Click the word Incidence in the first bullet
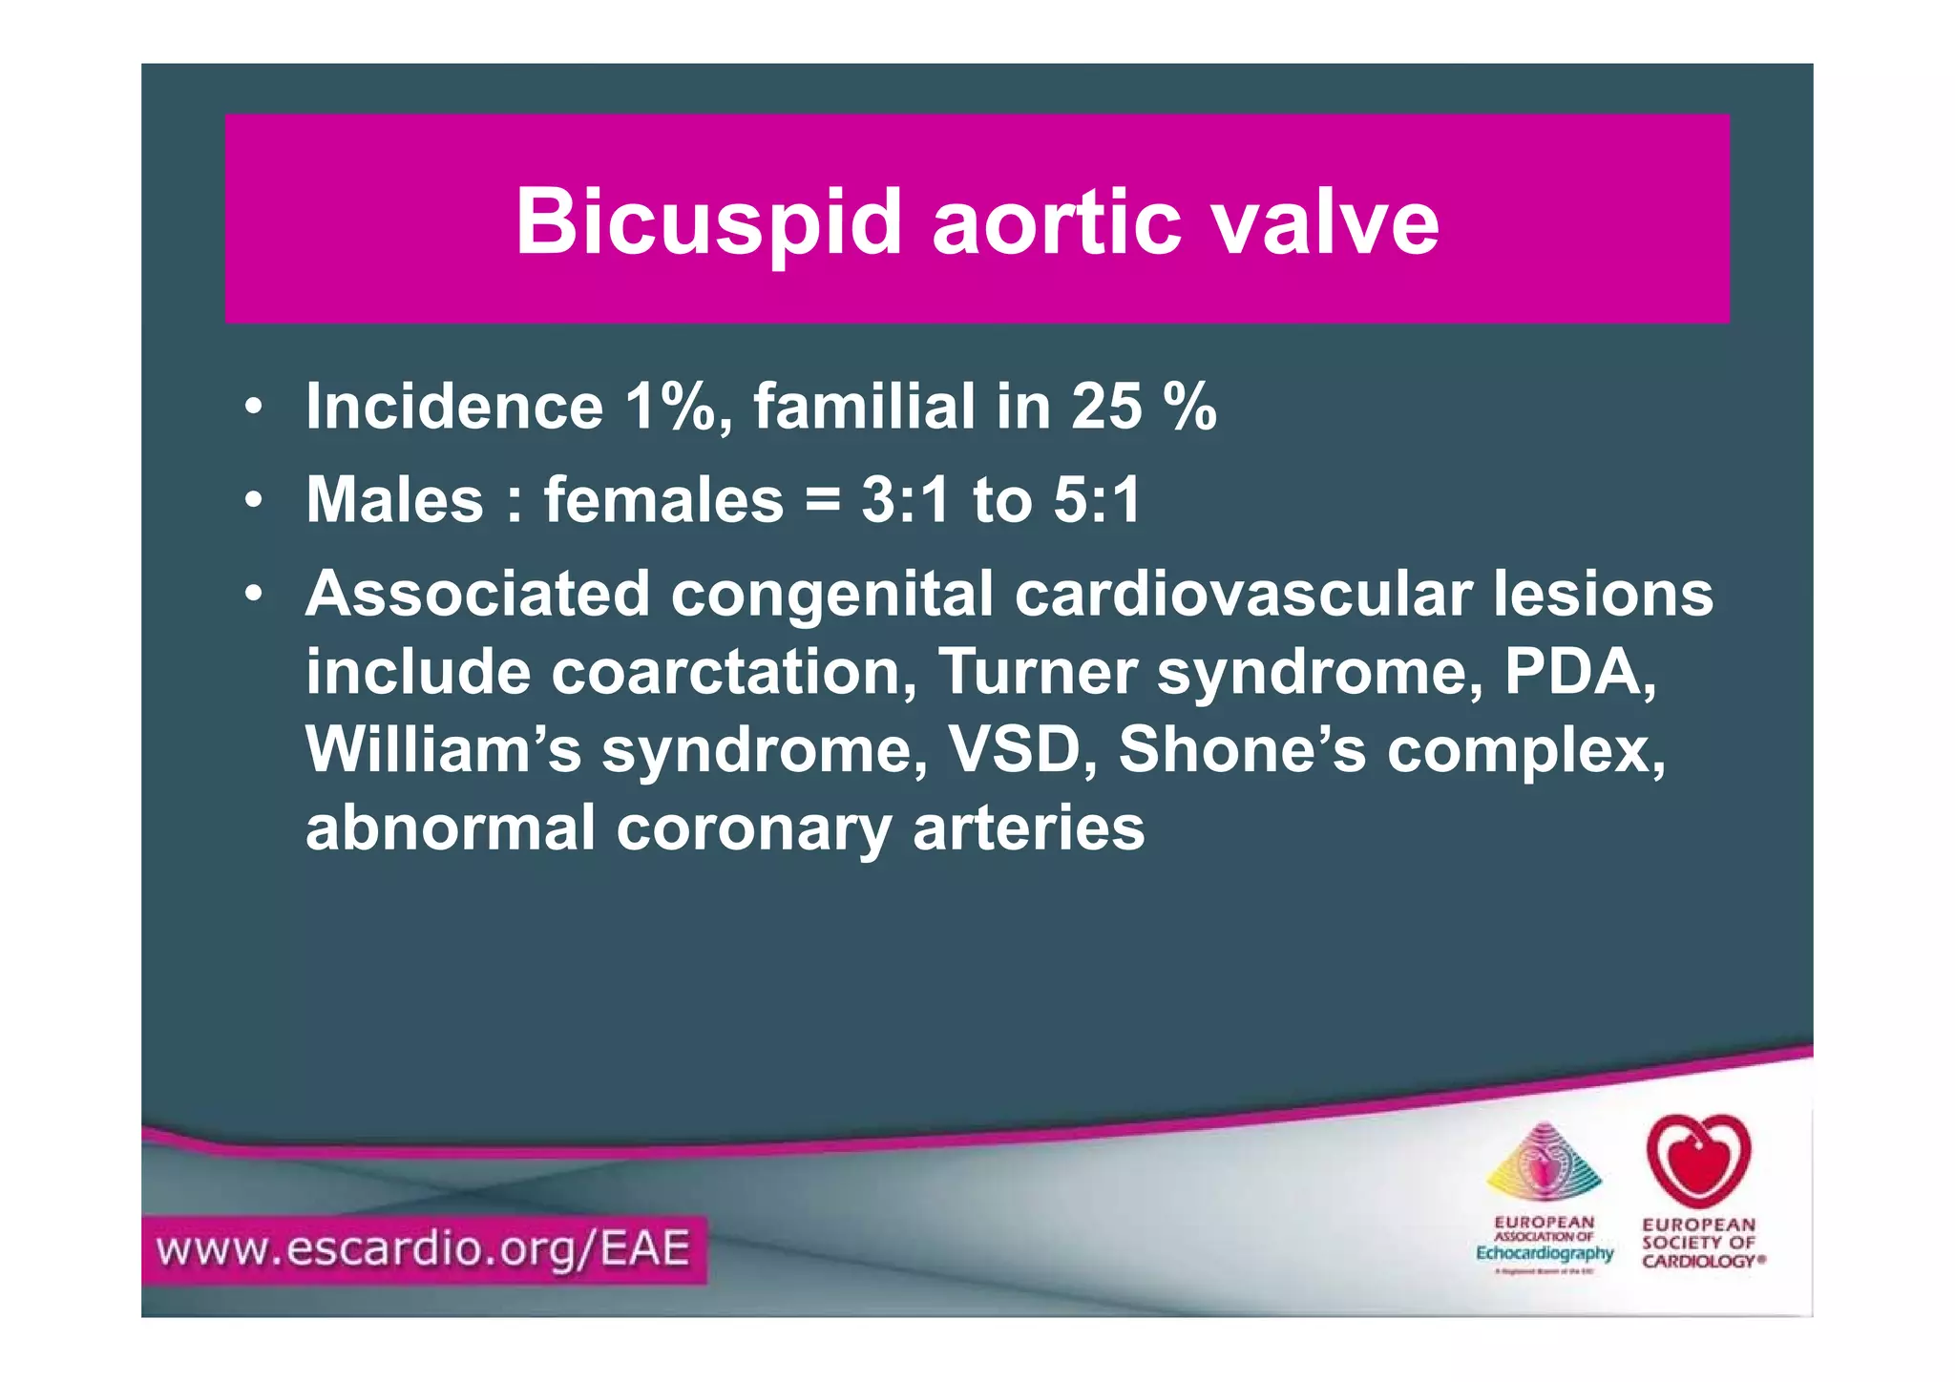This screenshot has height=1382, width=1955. point(454,408)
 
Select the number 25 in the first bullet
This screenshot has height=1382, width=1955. point(1106,408)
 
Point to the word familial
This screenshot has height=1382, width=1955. point(865,408)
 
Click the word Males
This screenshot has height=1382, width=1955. point(395,500)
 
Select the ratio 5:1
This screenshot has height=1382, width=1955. point(1097,500)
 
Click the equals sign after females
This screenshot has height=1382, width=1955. point(823,502)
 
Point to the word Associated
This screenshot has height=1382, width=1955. point(477,594)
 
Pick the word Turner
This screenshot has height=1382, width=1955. point(1038,672)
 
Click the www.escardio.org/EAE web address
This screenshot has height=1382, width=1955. point(424,1249)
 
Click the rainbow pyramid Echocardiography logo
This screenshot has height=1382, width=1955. point(1544,1164)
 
